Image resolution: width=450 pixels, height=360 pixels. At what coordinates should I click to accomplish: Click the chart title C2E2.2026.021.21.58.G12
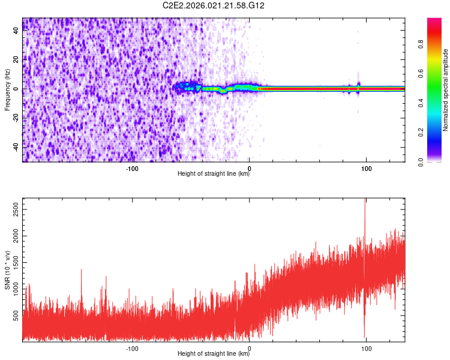(x=214, y=5)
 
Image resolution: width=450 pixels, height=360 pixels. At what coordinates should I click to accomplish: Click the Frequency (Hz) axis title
(x=7, y=89)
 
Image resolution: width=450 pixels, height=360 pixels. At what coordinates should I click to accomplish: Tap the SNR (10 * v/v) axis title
(x=7, y=269)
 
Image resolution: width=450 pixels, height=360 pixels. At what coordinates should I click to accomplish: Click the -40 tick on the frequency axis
(x=16, y=147)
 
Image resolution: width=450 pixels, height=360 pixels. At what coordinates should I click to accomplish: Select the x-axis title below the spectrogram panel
(x=213, y=174)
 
